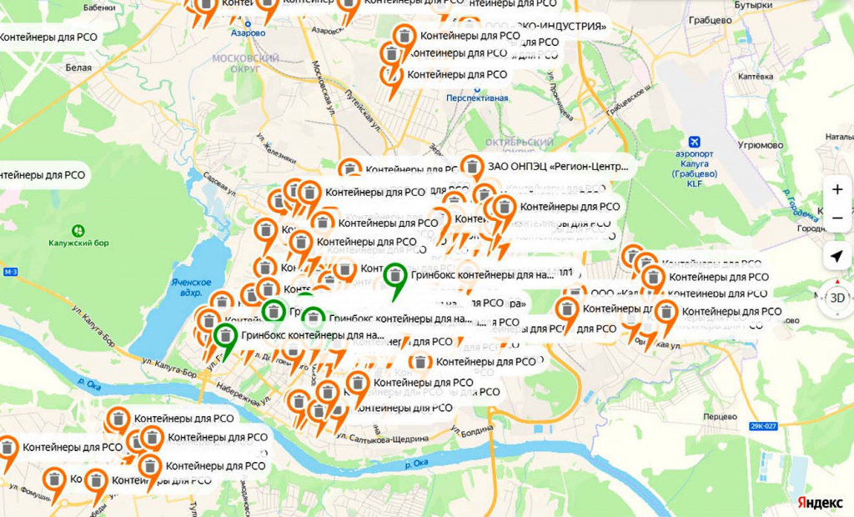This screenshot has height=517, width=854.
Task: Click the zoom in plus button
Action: pos(836,190)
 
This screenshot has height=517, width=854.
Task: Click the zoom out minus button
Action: pos(836,218)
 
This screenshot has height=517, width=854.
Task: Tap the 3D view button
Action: pos(836,297)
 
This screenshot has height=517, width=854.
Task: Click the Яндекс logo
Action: pos(819,503)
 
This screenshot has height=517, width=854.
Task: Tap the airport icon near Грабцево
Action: pos(694,142)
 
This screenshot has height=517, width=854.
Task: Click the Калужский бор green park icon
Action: pos(78,229)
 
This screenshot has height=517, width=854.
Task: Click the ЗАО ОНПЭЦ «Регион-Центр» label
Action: pos(558,167)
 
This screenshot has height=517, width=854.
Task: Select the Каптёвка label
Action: pos(756,76)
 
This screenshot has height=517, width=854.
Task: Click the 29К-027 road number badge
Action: pos(762,426)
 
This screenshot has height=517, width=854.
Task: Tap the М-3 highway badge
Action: pos(10,273)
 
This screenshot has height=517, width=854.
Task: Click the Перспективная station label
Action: pos(477,98)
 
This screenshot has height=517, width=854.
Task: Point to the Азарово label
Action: pos(249,33)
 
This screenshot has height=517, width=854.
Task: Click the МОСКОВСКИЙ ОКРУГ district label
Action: pos(246,64)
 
